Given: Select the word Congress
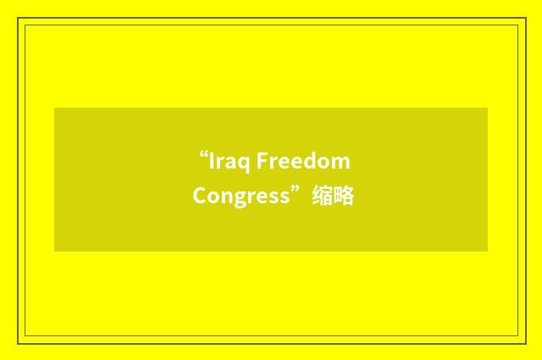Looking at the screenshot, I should click(241, 197).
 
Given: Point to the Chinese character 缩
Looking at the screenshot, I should click(322, 197).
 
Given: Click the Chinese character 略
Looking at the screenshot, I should click(344, 197).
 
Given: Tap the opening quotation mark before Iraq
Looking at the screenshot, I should click(203, 156).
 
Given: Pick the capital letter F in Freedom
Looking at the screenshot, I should click(262, 161).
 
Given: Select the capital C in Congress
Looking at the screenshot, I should click(199, 197).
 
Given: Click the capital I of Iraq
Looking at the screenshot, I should click(213, 161).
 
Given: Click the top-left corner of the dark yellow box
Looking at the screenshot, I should click(55, 108).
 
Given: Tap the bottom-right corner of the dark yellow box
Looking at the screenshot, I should click(487, 251).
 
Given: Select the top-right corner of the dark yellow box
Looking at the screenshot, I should click(487, 108).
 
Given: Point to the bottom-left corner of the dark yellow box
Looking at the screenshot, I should click(55, 251).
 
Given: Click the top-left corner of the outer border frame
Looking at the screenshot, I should click(19, 19).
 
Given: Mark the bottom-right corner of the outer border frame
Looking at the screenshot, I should click(525, 342).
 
